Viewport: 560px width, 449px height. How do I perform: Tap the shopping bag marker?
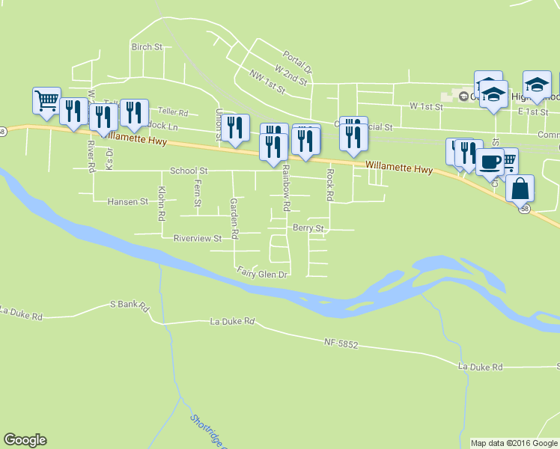tap(520, 188)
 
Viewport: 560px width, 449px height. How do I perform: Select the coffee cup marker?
tap(490, 162)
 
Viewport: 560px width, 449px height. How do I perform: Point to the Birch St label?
tap(147, 47)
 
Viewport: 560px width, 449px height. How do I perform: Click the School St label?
tap(189, 171)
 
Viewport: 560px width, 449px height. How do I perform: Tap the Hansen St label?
tap(127, 202)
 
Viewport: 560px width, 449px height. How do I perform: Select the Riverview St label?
tap(198, 239)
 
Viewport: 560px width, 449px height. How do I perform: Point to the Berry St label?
tap(308, 228)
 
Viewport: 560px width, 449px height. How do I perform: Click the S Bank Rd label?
tap(130, 305)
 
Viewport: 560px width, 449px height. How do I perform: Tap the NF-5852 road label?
tap(341, 343)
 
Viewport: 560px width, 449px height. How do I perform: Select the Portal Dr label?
tap(296, 59)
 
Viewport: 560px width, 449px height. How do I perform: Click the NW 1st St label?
tap(268, 82)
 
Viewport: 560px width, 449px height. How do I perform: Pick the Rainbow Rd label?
tap(286, 187)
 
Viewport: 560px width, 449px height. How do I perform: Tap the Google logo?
tap(25, 440)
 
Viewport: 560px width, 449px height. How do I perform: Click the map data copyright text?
tap(514, 443)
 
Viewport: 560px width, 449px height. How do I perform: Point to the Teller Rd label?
tap(173, 113)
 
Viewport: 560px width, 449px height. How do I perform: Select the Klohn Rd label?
tap(161, 205)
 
